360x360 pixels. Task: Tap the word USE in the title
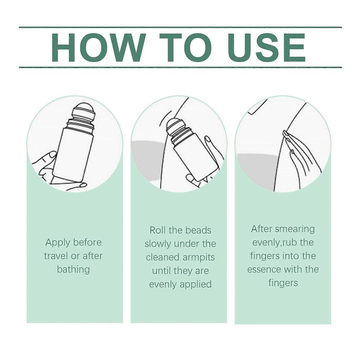click(267, 47)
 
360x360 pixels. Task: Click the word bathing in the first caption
click(73, 269)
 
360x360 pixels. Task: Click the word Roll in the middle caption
click(157, 230)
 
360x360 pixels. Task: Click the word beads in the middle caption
click(198, 230)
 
